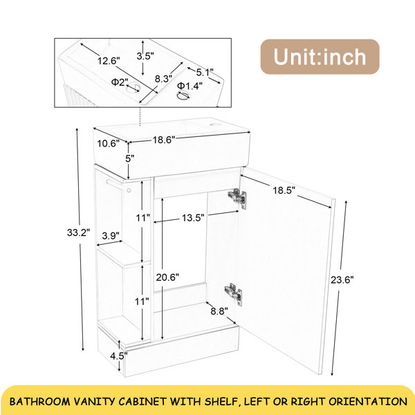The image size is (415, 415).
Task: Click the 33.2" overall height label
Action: pos(78,232)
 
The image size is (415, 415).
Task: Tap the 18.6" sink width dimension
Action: pos(164,140)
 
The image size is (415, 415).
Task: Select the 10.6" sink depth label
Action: pos(109,143)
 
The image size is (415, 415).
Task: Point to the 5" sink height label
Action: pos(130,158)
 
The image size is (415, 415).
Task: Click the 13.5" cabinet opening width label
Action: pos(193,218)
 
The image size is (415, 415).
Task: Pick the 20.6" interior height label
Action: pos(167,277)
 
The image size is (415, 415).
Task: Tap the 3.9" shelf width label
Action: pos(111,235)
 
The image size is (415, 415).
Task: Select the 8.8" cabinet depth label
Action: pos(219,311)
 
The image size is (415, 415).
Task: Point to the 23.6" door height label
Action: pos(342,279)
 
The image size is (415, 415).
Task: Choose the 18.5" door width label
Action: pos(284,190)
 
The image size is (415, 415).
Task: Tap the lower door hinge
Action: pos(234,294)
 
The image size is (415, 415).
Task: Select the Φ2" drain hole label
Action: pos(120,82)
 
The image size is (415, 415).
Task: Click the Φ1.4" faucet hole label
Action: pos(190,86)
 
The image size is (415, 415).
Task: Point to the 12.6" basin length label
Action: pos(109,61)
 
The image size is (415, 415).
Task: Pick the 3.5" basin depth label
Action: pos(145,56)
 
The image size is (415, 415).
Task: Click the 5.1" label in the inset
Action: pos(205,72)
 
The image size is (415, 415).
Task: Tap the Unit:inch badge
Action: pos(320,57)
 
